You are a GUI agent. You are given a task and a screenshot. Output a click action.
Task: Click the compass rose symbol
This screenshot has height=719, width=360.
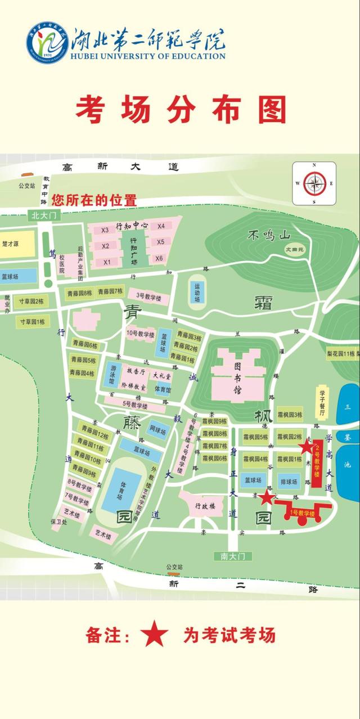tap(314, 183)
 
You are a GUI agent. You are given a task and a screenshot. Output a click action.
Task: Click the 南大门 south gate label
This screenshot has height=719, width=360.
tap(233, 556)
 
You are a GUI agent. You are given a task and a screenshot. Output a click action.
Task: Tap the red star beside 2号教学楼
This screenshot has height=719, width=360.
tap(306, 448)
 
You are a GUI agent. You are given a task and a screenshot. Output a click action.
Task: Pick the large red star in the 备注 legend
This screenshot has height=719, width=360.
tap(154, 635)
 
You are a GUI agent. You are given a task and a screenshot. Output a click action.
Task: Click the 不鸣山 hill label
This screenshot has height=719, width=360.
tap(268, 236)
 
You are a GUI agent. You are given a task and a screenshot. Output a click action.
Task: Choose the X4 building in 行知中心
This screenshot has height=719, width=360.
tap(161, 226)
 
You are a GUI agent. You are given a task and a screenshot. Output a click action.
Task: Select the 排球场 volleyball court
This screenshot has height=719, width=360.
tap(289, 481)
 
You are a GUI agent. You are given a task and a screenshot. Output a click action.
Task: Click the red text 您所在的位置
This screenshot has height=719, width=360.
tap(94, 199)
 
